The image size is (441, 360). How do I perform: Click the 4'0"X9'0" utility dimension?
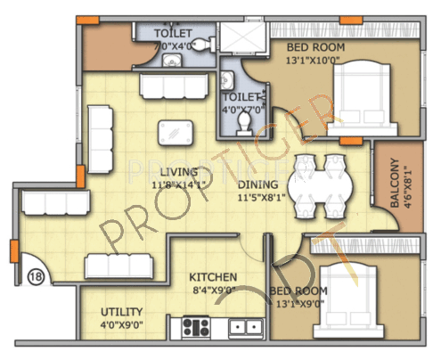click(x=121, y=324)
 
